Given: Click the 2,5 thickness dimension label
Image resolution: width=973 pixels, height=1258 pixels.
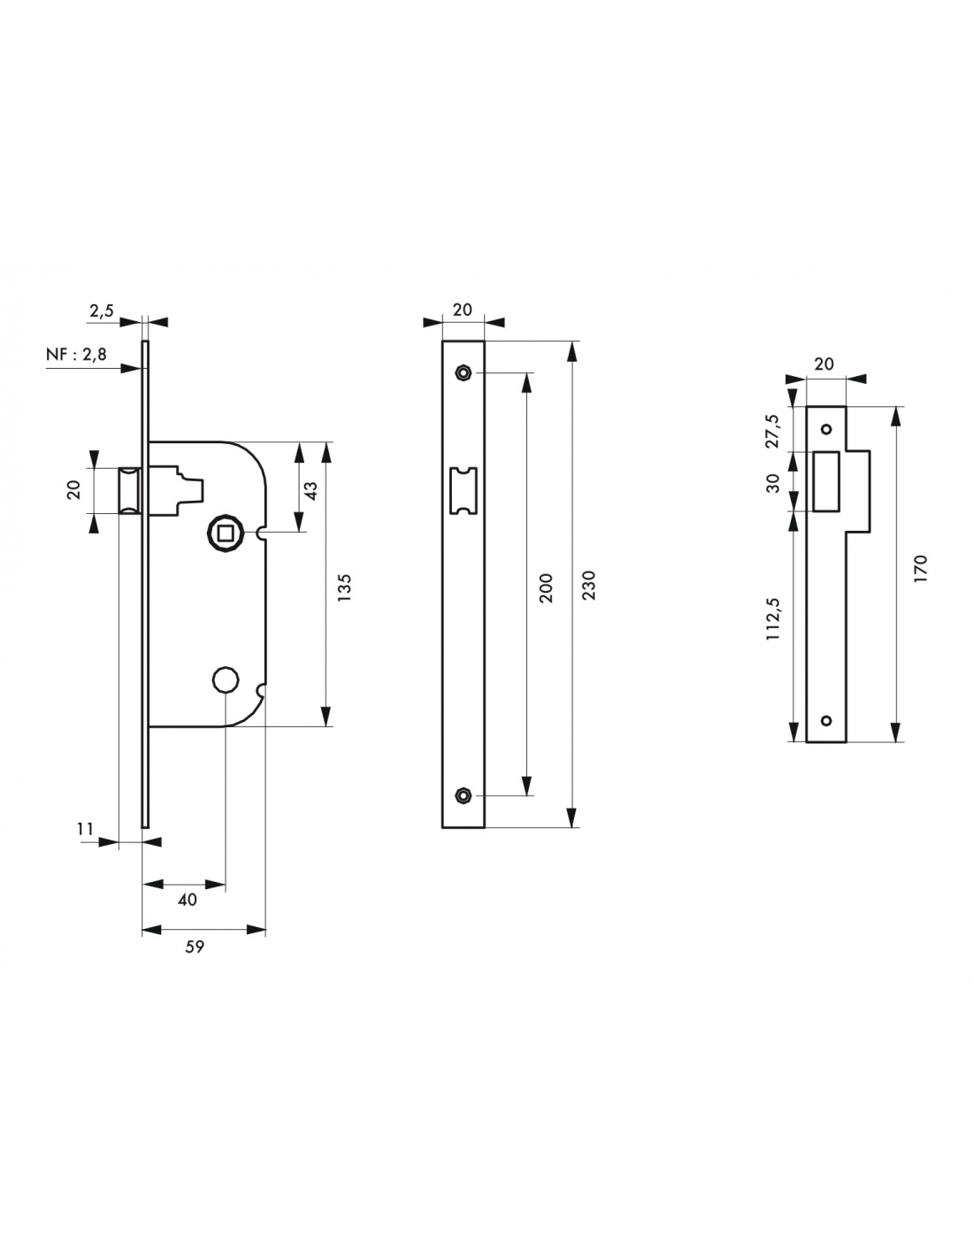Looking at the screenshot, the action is [102, 311].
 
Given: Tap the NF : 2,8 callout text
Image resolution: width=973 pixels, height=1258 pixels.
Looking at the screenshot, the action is [76, 354].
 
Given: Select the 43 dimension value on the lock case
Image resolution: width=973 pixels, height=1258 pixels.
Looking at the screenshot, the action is [310, 490].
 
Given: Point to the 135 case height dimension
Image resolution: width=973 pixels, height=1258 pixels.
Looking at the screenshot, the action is [344, 587].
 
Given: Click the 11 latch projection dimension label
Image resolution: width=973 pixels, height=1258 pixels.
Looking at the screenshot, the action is [85, 828].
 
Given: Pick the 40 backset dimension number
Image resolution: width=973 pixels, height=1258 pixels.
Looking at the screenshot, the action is [187, 899].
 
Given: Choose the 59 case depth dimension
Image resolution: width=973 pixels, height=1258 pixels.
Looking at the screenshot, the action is [195, 947].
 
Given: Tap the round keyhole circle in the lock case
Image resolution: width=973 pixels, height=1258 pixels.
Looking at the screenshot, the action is [226, 679].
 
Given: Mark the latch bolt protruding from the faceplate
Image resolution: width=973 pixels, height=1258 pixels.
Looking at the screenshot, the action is [129, 490].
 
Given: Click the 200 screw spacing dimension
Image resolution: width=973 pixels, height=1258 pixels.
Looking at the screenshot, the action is [546, 587].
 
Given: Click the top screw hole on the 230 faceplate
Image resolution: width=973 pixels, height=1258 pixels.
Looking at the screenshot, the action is [462, 372].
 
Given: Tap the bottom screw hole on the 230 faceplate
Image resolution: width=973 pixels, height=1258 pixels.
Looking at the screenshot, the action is [462, 794].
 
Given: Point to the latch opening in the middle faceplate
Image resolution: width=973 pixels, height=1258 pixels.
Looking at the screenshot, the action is [463, 490].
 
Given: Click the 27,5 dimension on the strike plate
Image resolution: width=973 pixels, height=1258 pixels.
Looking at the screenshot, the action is [772, 432].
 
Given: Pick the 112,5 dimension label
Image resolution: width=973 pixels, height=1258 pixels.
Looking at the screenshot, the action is [772, 618].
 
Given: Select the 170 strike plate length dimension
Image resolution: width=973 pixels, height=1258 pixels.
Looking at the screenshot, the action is [920, 568].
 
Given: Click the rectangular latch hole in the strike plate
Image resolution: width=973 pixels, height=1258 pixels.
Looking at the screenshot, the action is [826, 481].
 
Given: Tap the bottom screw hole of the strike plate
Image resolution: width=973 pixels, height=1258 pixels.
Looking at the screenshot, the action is [826, 720].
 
